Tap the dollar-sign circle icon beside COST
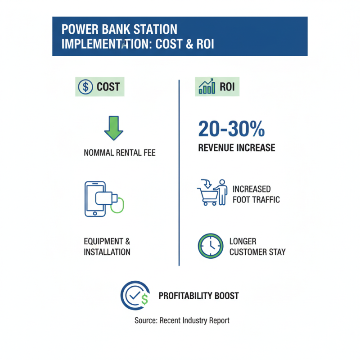click(85, 86)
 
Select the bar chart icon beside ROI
click(207, 86)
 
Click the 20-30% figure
click(231, 129)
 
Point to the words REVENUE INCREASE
click(236, 148)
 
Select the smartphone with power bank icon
click(101, 198)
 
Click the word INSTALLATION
click(107, 252)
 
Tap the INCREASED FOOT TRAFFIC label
click(255, 194)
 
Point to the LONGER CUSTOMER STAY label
click(257, 247)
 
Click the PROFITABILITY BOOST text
click(198, 296)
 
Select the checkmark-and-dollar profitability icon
click(134, 295)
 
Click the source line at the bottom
click(182, 320)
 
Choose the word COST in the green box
click(108, 86)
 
